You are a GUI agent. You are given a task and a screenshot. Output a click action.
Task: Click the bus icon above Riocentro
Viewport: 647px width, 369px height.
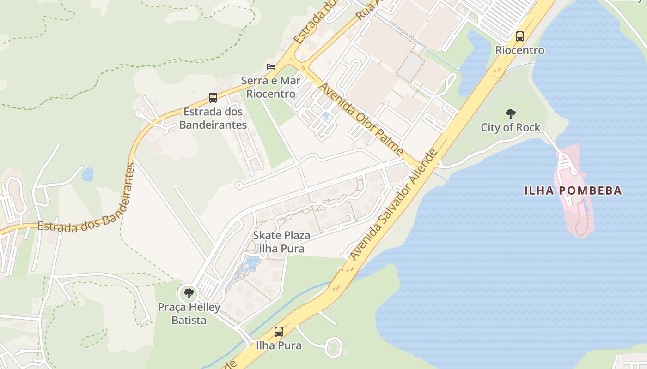[x=520, y=36]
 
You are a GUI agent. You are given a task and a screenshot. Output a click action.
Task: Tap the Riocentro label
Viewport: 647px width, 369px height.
[x=520, y=50]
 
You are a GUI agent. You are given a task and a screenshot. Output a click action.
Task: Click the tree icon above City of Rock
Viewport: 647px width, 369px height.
[x=511, y=113]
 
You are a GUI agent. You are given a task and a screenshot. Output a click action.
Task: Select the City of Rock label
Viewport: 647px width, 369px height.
[x=511, y=127]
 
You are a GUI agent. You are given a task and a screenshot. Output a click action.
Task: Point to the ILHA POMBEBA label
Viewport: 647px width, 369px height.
[x=573, y=190]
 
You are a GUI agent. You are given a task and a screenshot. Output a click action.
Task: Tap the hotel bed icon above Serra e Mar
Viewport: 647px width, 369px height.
[x=271, y=67]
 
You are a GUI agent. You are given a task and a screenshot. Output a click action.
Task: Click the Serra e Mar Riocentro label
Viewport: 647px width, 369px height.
[x=271, y=87]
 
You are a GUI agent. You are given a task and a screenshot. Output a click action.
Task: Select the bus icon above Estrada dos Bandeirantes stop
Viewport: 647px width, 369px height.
[x=213, y=98]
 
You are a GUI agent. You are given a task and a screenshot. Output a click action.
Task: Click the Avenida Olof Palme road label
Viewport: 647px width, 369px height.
[x=361, y=119]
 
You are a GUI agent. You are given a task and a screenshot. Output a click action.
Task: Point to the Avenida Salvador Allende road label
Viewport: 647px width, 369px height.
[x=393, y=204]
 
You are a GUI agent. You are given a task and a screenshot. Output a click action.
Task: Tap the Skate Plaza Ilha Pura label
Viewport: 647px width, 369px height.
[x=281, y=242]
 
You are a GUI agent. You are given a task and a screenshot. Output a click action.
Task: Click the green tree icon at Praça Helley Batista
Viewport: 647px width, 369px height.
[x=189, y=293]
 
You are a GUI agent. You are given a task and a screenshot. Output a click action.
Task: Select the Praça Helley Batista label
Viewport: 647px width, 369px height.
[x=189, y=314]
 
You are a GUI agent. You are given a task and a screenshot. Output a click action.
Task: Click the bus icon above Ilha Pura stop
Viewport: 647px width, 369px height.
[x=279, y=331]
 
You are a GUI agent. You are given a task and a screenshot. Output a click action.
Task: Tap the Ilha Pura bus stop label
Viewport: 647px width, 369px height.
[x=279, y=345]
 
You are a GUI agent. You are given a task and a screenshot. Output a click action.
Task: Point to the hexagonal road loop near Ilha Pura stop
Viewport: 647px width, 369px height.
[x=333, y=347]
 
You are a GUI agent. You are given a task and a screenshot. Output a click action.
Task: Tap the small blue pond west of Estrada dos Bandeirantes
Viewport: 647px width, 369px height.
[x=87, y=174]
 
